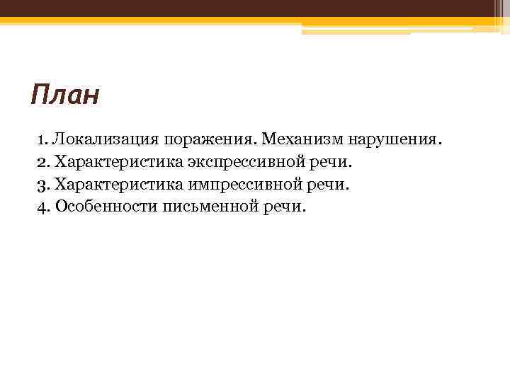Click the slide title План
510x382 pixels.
pos(65,95)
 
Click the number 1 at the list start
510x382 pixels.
pos(40,139)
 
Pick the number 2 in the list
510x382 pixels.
pos(41,162)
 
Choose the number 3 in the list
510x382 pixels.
pos(41,185)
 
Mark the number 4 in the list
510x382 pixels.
pos(41,207)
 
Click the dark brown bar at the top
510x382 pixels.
pos(255,8)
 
